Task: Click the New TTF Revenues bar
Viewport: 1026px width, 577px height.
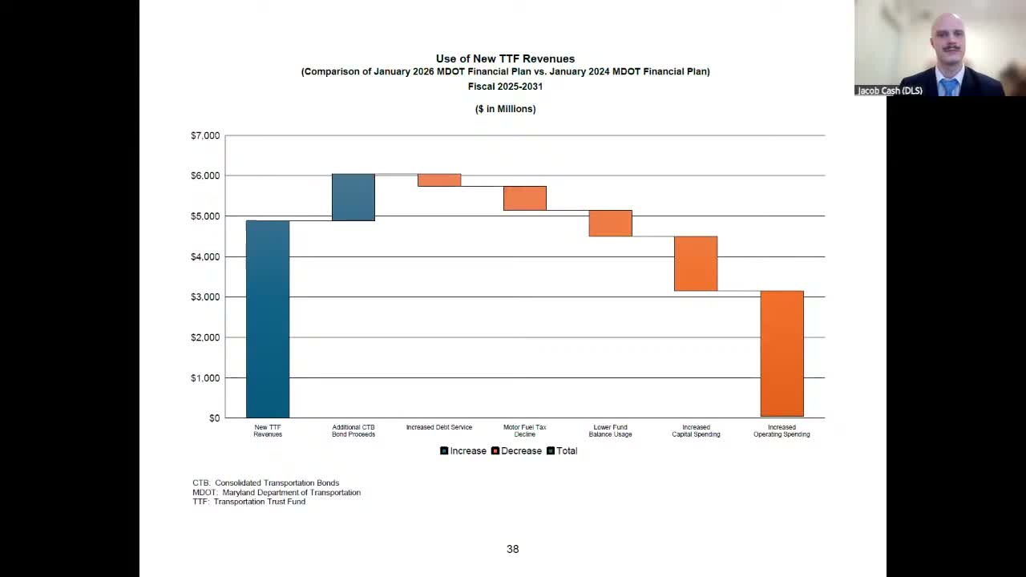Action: tap(268, 319)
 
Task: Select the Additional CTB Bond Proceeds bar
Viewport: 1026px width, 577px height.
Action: tap(353, 197)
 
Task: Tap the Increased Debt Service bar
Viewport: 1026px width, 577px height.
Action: tap(439, 180)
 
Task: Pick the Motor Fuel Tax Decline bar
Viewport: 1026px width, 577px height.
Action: tap(525, 198)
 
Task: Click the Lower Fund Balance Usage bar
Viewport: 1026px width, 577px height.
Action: tap(610, 223)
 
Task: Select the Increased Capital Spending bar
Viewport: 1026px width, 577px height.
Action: tap(696, 264)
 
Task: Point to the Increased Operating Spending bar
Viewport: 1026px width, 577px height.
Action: tap(782, 353)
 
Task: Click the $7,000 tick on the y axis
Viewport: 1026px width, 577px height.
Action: tap(205, 135)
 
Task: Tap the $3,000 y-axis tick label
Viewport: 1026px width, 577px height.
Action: tap(205, 297)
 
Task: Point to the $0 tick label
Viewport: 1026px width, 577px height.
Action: tap(214, 418)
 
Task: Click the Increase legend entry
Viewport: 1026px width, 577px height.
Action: tap(463, 451)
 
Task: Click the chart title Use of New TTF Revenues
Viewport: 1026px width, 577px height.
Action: tap(505, 59)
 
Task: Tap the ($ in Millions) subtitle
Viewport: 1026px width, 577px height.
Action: tap(505, 109)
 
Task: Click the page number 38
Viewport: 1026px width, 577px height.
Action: tap(513, 549)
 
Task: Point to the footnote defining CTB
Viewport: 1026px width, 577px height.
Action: tap(265, 482)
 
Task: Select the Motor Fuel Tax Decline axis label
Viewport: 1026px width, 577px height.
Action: tap(525, 430)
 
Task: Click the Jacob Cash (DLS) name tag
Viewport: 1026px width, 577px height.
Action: tap(890, 91)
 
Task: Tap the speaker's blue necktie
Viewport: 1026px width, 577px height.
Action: tap(949, 86)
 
